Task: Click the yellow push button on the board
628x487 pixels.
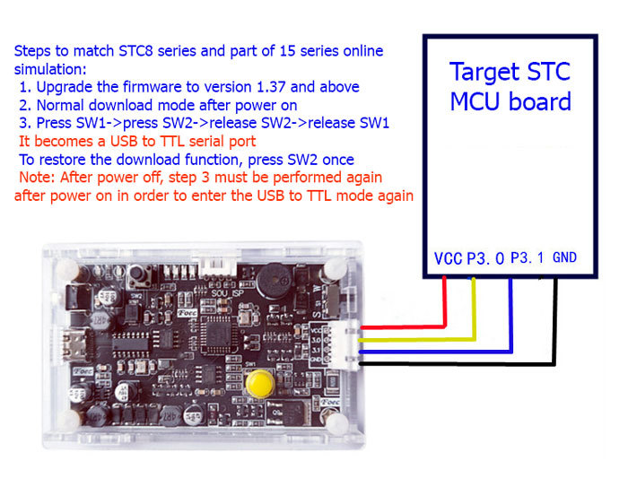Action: (261, 383)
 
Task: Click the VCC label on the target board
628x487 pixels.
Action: (448, 259)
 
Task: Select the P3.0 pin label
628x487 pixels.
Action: (484, 259)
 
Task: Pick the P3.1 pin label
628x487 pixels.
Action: (527, 258)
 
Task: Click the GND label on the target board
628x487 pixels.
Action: (564, 258)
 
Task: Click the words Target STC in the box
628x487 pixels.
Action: (509, 71)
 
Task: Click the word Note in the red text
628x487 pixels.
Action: (36, 178)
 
